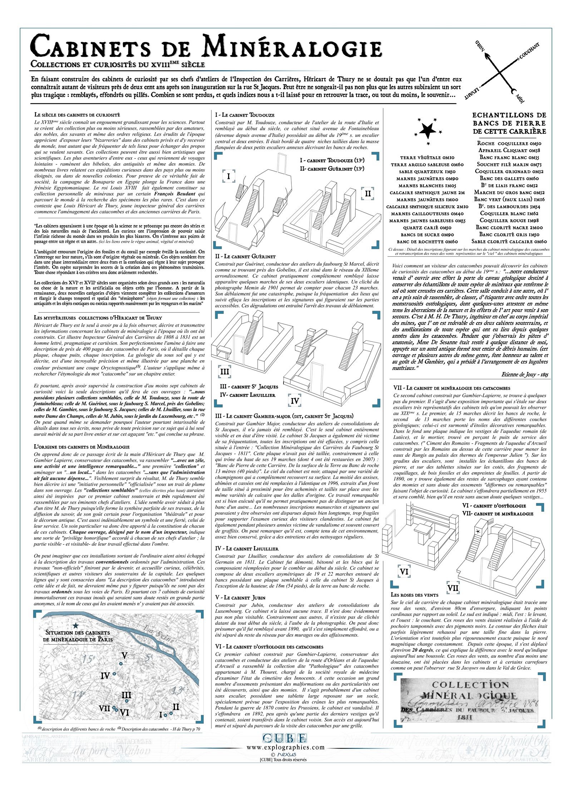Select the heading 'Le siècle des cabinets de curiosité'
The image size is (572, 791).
(77, 115)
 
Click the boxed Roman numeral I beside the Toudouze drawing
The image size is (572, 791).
(228, 176)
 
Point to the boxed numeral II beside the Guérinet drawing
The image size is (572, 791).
(368, 194)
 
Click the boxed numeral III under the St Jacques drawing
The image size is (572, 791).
(224, 371)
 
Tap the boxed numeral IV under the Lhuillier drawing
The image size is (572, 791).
(295, 401)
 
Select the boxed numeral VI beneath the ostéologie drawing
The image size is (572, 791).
(404, 572)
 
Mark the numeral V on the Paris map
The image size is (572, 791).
(124, 656)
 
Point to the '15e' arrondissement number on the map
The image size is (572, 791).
(87, 659)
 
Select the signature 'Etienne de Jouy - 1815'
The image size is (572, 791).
(525, 375)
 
